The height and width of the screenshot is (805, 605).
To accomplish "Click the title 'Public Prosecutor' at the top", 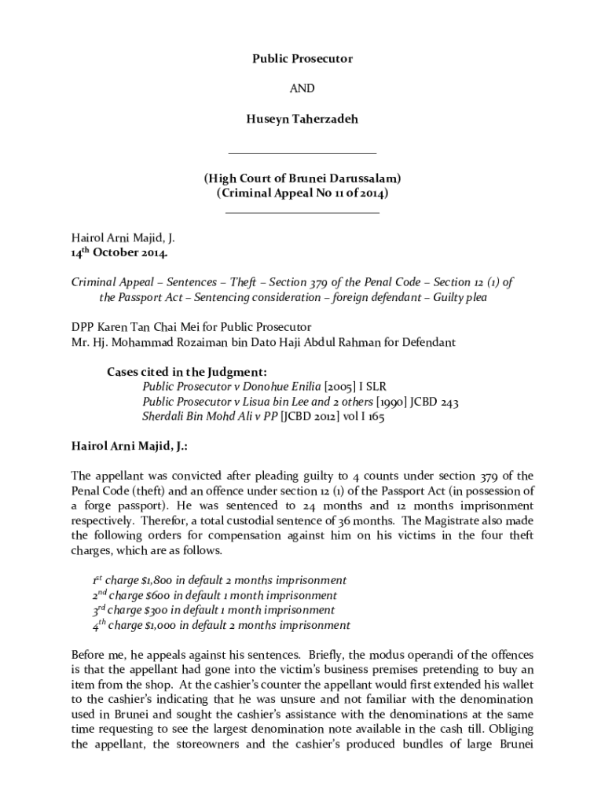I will click(x=302, y=59).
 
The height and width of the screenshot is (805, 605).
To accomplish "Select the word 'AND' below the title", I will click(x=302, y=90).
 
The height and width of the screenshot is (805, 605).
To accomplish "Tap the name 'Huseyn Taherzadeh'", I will click(x=302, y=120).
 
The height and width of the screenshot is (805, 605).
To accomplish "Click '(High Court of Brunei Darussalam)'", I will click(x=302, y=178).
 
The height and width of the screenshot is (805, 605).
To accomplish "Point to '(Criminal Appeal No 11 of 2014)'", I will click(x=302, y=193).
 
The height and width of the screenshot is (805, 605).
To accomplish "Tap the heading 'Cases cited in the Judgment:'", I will click(x=187, y=372).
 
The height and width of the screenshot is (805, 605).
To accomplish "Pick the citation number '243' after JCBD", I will click(x=448, y=402).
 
